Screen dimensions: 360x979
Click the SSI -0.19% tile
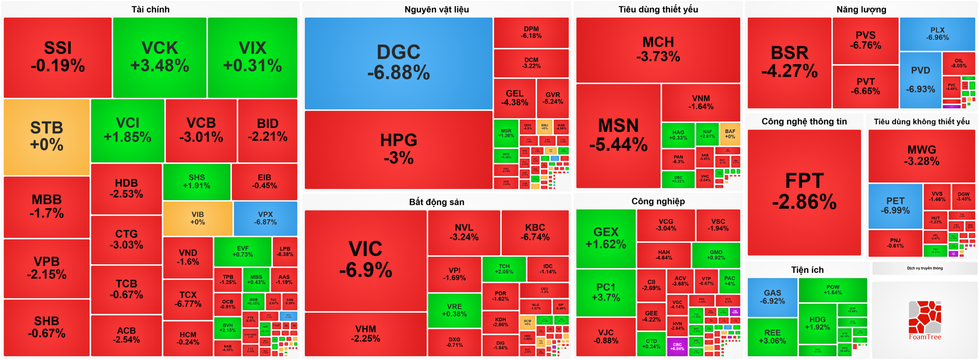58,57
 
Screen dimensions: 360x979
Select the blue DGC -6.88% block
398,63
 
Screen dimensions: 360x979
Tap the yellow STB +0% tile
47,137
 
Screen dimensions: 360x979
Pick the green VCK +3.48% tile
159,57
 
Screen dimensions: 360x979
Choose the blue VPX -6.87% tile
265,218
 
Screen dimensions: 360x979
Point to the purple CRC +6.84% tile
677,347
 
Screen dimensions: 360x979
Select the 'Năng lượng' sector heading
861,10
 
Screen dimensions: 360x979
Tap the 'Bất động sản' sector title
436,202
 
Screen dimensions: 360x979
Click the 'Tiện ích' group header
807,270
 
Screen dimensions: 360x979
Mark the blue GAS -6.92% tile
772,297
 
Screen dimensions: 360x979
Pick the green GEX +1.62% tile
606,238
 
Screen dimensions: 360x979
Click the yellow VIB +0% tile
197,218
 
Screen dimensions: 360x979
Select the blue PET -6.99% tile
895,206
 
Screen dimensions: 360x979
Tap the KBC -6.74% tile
535,232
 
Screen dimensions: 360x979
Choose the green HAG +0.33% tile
678,135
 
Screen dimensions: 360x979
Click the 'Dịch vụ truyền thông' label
924,268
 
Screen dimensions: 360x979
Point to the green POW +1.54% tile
833,290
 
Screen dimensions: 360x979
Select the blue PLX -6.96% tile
937,34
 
